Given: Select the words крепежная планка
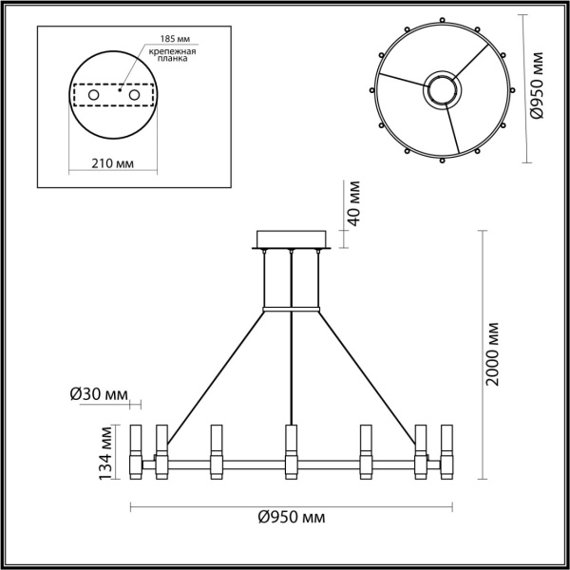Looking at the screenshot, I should (x=172, y=56).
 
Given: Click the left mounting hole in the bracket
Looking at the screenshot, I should (x=93, y=96).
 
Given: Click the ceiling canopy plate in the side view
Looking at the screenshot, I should (x=291, y=238).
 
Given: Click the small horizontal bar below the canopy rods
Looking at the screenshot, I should (x=291, y=308).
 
